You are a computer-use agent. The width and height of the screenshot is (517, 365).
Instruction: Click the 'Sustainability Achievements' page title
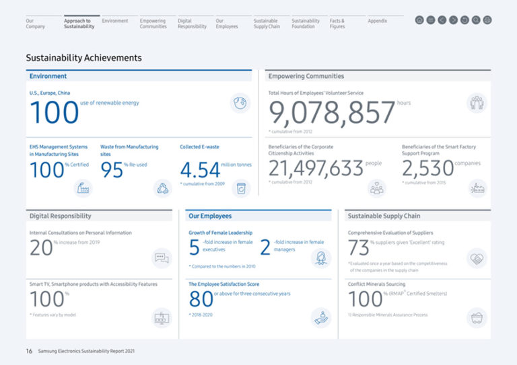(83, 58)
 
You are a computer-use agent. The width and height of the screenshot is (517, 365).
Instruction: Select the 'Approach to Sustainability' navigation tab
(79, 24)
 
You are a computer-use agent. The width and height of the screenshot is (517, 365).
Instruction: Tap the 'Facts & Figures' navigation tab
(337, 24)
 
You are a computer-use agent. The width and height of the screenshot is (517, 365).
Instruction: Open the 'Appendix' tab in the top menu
(377, 21)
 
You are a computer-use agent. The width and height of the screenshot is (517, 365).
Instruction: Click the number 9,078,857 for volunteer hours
(332, 113)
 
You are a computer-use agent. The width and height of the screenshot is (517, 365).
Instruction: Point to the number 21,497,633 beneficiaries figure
(316, 169)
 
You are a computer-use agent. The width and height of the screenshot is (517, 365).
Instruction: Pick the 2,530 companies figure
(427, 169)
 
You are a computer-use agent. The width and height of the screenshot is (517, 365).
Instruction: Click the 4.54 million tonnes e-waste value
(200, 169)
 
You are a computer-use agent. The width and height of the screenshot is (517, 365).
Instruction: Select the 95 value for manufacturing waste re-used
(111, 170)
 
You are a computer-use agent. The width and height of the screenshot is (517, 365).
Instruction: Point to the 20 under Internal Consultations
(41, 247)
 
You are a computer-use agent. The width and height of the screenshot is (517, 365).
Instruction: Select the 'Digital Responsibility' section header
(61, 216)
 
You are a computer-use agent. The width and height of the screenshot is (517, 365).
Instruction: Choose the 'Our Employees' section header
(210, 216)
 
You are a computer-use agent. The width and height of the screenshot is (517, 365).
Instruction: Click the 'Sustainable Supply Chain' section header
(383, 216)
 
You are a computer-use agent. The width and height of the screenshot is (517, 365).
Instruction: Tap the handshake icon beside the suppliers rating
(477, 258)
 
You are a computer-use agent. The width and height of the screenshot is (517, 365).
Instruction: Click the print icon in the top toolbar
(487, 20)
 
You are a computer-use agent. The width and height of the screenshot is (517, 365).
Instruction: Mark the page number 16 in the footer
(29, 351)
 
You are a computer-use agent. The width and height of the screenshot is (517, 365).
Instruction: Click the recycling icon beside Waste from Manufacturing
(162, 188)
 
